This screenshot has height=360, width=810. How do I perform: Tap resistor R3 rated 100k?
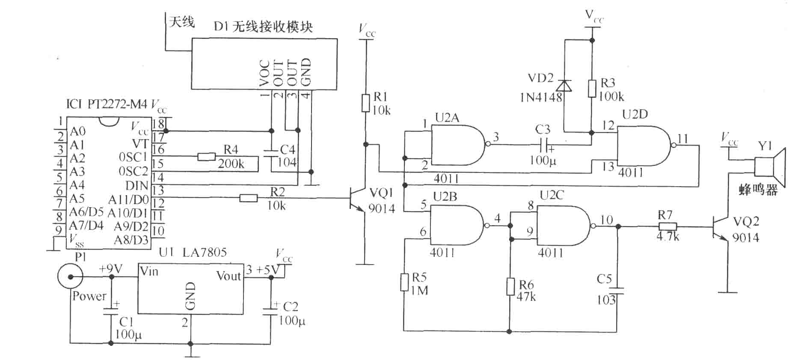coord(592,88)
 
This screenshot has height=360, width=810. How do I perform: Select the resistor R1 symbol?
coord(365,103)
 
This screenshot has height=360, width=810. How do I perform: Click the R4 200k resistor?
coord(206,157)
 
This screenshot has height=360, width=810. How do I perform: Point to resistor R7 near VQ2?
coord(668,226)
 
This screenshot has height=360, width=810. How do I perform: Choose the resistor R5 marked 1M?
coord(404,282)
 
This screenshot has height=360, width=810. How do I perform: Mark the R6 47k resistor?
coord(510,286)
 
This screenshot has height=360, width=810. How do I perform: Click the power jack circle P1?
coord(70,276)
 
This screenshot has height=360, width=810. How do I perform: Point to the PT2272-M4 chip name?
coord(118,104)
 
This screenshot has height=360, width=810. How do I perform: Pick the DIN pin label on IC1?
coord(136,186)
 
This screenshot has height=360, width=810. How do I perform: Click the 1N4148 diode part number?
coord(541,98)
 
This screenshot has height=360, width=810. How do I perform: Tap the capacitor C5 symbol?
coord(617,291)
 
